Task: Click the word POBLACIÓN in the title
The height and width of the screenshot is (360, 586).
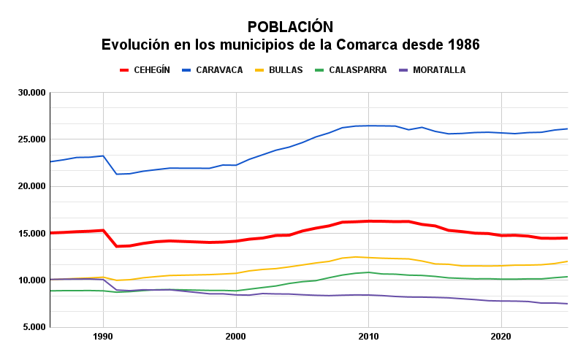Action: click(x=290, y=27)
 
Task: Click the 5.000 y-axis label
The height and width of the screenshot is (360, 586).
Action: click(x=33, y=327)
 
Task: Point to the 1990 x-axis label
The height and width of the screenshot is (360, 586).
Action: click(x=103, y=337)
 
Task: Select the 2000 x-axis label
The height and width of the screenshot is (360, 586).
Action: click(x=235, y=337)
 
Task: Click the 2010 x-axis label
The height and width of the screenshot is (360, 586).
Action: click(x=368, y=337)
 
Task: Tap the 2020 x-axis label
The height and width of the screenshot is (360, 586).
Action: click(x=501, y=337)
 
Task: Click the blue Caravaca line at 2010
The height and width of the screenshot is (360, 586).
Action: click(x=368, y=126)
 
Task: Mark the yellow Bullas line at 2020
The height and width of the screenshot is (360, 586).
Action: click(x=501, y=266)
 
